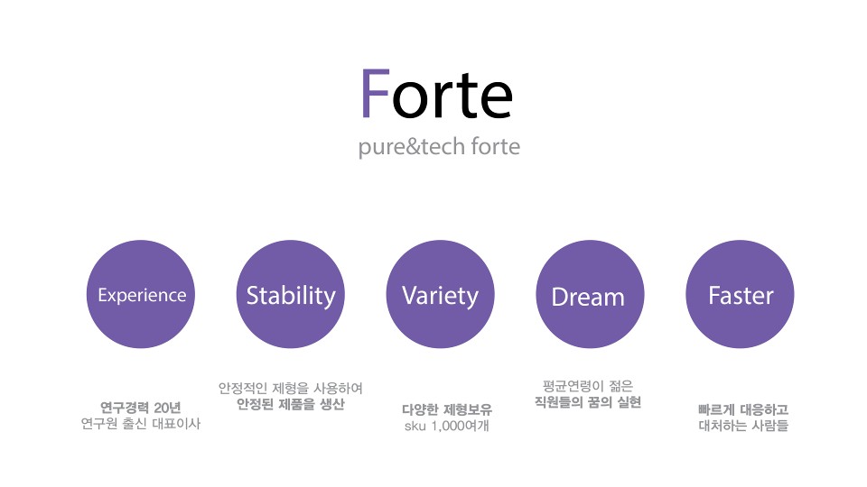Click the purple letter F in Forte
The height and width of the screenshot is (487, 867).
tap(376, 93)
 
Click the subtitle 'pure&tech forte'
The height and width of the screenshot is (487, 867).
tap(439, 147)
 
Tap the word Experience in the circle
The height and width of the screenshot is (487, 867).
tap(142, 296)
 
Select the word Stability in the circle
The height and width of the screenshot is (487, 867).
tap(291, 296)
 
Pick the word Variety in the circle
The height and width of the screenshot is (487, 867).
tap(440, 296)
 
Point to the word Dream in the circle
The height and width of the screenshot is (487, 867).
tap(588, 297)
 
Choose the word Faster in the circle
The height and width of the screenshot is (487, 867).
tap(741, 296)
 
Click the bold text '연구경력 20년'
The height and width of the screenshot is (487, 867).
tap(141, 408)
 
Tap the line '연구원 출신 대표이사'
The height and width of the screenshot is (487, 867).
tap(141, 424)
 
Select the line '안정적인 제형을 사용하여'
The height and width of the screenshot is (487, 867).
tap(291, 388)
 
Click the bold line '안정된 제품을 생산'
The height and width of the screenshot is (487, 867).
tap(291, 404)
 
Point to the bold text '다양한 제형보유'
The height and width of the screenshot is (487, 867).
tap(447, 409)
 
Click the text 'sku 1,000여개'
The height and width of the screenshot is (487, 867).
tap(447, 426)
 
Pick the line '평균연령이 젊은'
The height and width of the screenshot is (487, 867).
tap(588, 386)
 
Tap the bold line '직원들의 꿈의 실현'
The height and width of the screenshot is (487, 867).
tap(588, 402)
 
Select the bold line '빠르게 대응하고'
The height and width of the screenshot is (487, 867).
tap(743, 409)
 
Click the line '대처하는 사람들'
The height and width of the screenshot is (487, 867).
tap(743, 425)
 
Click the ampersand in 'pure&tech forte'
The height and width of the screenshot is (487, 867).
tap(413, 147)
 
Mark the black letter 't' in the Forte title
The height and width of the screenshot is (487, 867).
tap(461, 96)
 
